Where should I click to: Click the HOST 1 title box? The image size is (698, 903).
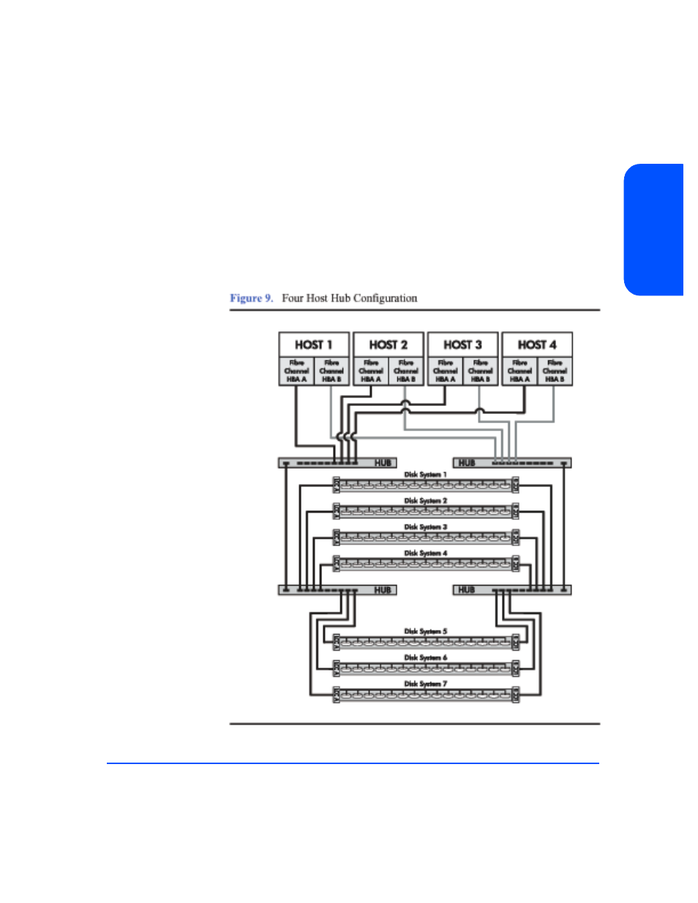(x=314, y=344)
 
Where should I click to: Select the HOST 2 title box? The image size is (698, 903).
(x=388, y=344)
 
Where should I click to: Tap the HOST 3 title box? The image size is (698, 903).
(x=462, y=344)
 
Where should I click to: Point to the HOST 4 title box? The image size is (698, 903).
(x=537, y=344)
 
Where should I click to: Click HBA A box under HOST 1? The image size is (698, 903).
(x=296, y=371)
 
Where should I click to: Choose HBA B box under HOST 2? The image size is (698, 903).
(x=406, y=371)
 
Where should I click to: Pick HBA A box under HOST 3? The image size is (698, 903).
(x=445, y=371)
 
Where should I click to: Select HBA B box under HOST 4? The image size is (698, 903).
(x=555, y=371)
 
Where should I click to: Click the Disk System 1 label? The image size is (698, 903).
(x=425, y=475)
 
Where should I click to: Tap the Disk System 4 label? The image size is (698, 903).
(x=425, y=553)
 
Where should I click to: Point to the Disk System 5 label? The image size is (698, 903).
(x=425, y=631)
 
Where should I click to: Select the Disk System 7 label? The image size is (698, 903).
(x=425, y=684)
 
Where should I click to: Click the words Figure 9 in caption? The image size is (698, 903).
(x=251, y=298)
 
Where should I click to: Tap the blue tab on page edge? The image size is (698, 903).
(x=654, y=230)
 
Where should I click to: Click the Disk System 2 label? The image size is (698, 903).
(x=425, y=501)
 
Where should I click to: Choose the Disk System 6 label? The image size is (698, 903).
(x=425, y=657)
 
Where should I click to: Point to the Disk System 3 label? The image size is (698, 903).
(x=425, y=527)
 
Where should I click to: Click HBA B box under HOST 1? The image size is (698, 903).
(x=331, y=371)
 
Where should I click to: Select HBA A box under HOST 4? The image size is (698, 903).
(x=519, y=371)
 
